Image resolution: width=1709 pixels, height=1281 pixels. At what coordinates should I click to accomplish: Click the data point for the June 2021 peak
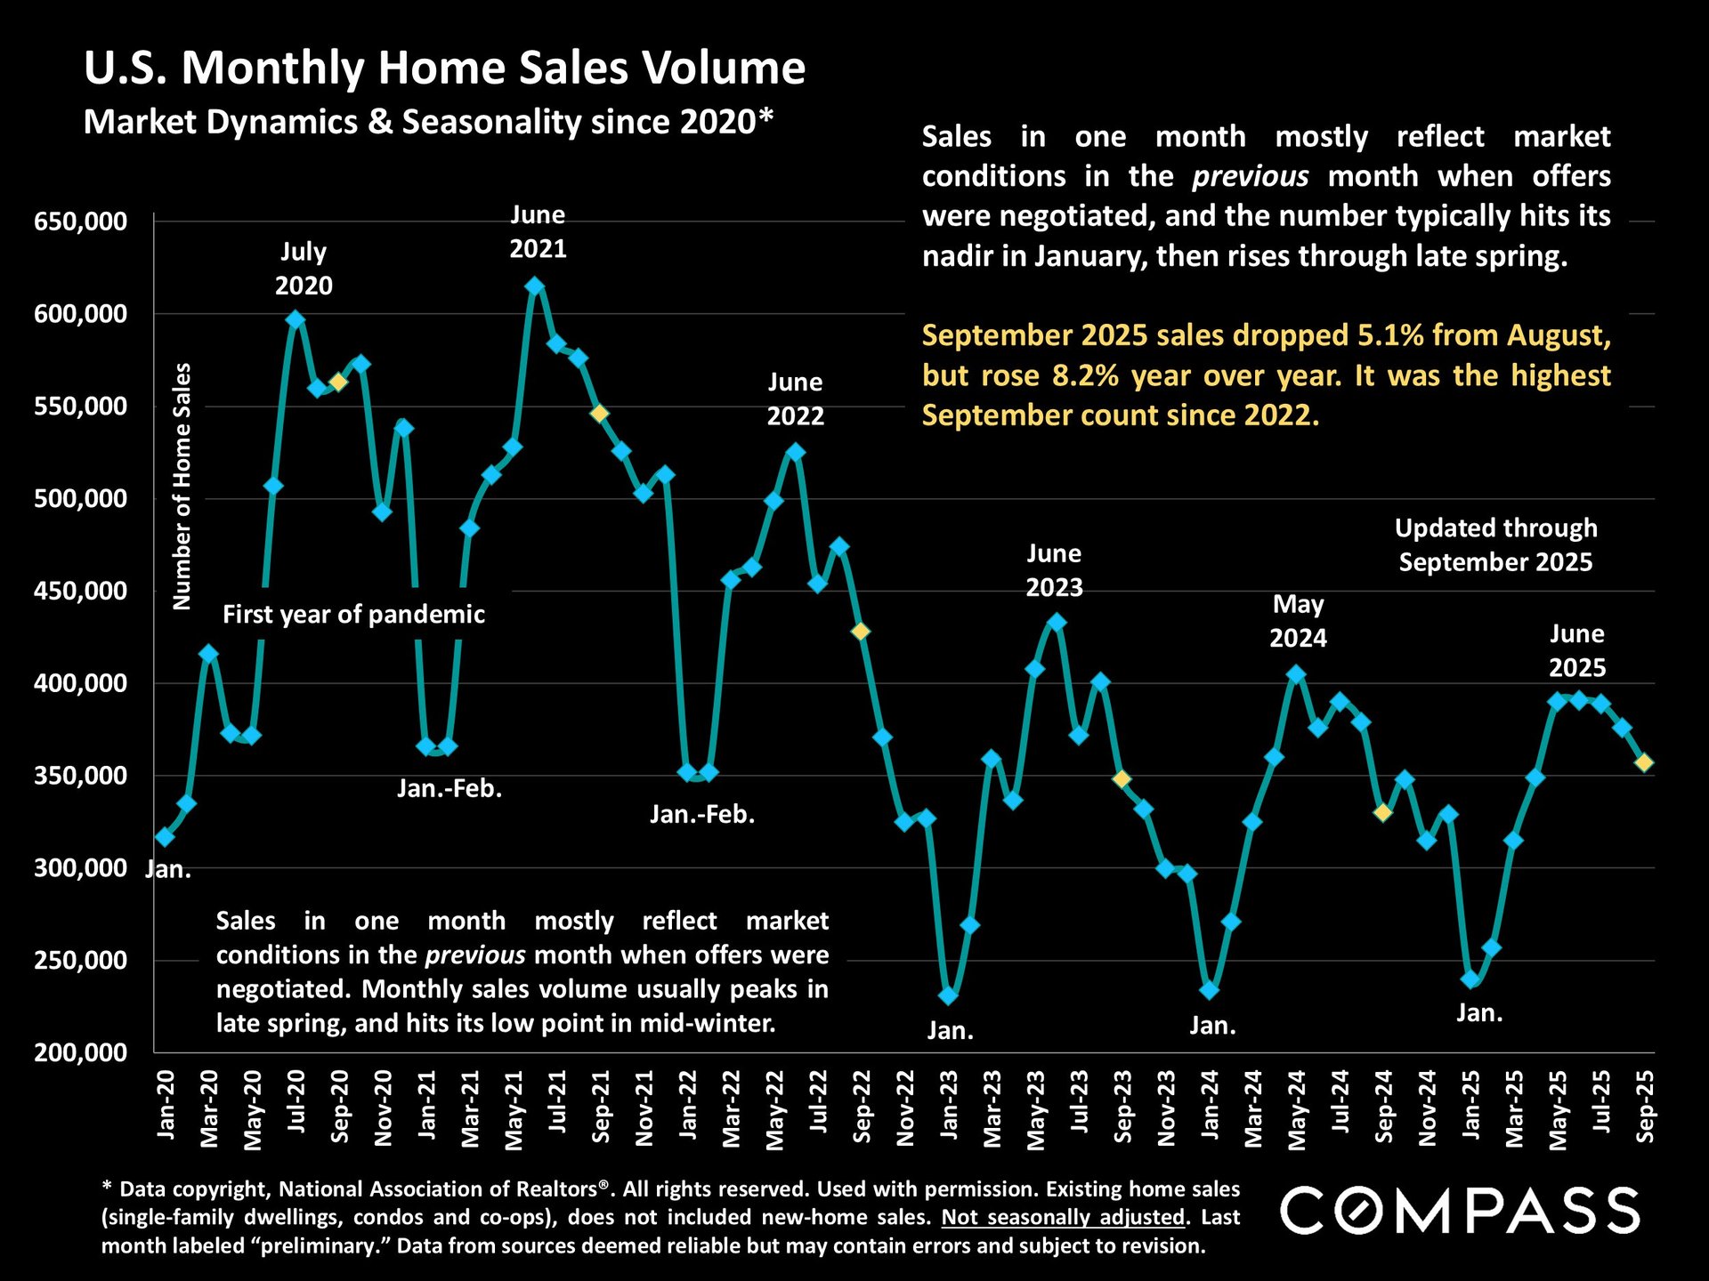535,286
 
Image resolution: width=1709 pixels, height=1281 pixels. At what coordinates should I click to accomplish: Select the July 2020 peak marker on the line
296,319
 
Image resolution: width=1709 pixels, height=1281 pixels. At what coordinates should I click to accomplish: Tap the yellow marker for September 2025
1644,762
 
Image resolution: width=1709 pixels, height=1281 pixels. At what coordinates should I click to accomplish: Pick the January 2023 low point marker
948,995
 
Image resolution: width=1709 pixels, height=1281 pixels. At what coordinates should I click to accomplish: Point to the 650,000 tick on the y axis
81,222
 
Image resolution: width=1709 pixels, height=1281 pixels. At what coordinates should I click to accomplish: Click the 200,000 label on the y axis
81,1053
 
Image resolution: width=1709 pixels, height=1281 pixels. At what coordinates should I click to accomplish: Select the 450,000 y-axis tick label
81,592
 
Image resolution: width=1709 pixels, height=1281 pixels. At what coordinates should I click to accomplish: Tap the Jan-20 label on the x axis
166,1106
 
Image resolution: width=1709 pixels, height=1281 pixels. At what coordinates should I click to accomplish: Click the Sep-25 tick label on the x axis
1646,1106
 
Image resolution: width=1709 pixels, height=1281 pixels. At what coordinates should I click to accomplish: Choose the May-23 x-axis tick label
1036,1110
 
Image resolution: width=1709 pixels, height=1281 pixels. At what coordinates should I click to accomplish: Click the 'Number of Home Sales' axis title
182,486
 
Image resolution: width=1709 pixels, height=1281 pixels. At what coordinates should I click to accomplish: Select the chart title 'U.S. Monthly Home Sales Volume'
444,68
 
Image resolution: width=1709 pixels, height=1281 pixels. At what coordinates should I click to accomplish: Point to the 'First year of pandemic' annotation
353,615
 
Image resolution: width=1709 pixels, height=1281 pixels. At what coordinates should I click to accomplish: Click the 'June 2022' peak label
795,399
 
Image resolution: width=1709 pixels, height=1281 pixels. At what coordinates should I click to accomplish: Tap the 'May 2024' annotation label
1298,621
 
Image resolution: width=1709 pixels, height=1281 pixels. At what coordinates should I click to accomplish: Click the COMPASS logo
1460,1211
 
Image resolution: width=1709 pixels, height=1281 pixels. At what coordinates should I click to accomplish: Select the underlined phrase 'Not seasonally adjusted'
1063,1217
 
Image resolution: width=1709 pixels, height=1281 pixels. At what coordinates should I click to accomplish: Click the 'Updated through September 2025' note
1495,544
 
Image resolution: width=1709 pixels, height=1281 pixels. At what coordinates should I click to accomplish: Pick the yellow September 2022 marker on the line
861,632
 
